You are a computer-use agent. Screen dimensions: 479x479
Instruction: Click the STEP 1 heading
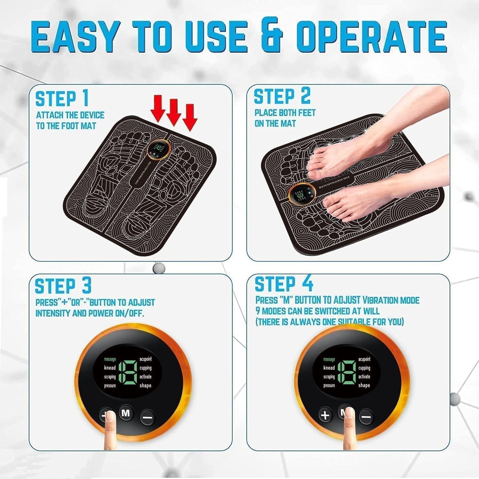(62, 99)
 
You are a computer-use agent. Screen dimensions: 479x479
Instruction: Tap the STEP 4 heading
(283, 284)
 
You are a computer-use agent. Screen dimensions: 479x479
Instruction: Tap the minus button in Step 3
(147, 417)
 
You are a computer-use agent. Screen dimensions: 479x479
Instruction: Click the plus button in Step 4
(325, 415)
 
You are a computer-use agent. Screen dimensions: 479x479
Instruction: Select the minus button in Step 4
(366, 416)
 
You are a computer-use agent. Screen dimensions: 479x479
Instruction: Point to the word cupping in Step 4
(364, 368)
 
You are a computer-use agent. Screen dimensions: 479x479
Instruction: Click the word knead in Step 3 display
(110, 368)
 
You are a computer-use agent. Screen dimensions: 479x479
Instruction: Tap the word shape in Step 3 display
(145, 386)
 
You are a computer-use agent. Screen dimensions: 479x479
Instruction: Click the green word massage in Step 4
(329, 359)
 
